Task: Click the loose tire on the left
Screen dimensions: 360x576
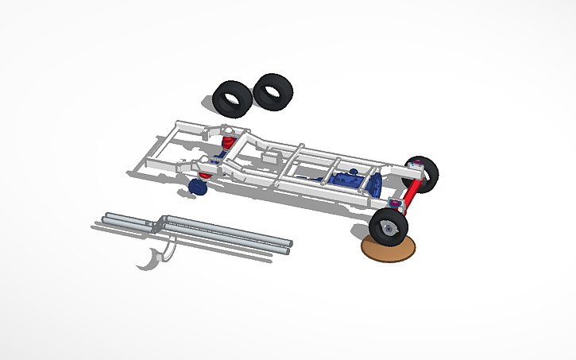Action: pos(232,99)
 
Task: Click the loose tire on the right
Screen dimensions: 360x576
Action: pos(273,91)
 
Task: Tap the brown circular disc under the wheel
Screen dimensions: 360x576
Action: pos(389,249)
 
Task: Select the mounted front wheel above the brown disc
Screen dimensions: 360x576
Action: pos(389,226)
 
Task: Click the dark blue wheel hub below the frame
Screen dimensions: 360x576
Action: pos(198,188)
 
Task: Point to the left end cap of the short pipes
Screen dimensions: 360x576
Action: pos(106,217)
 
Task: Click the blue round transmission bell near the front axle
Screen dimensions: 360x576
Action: pos(376,184)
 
